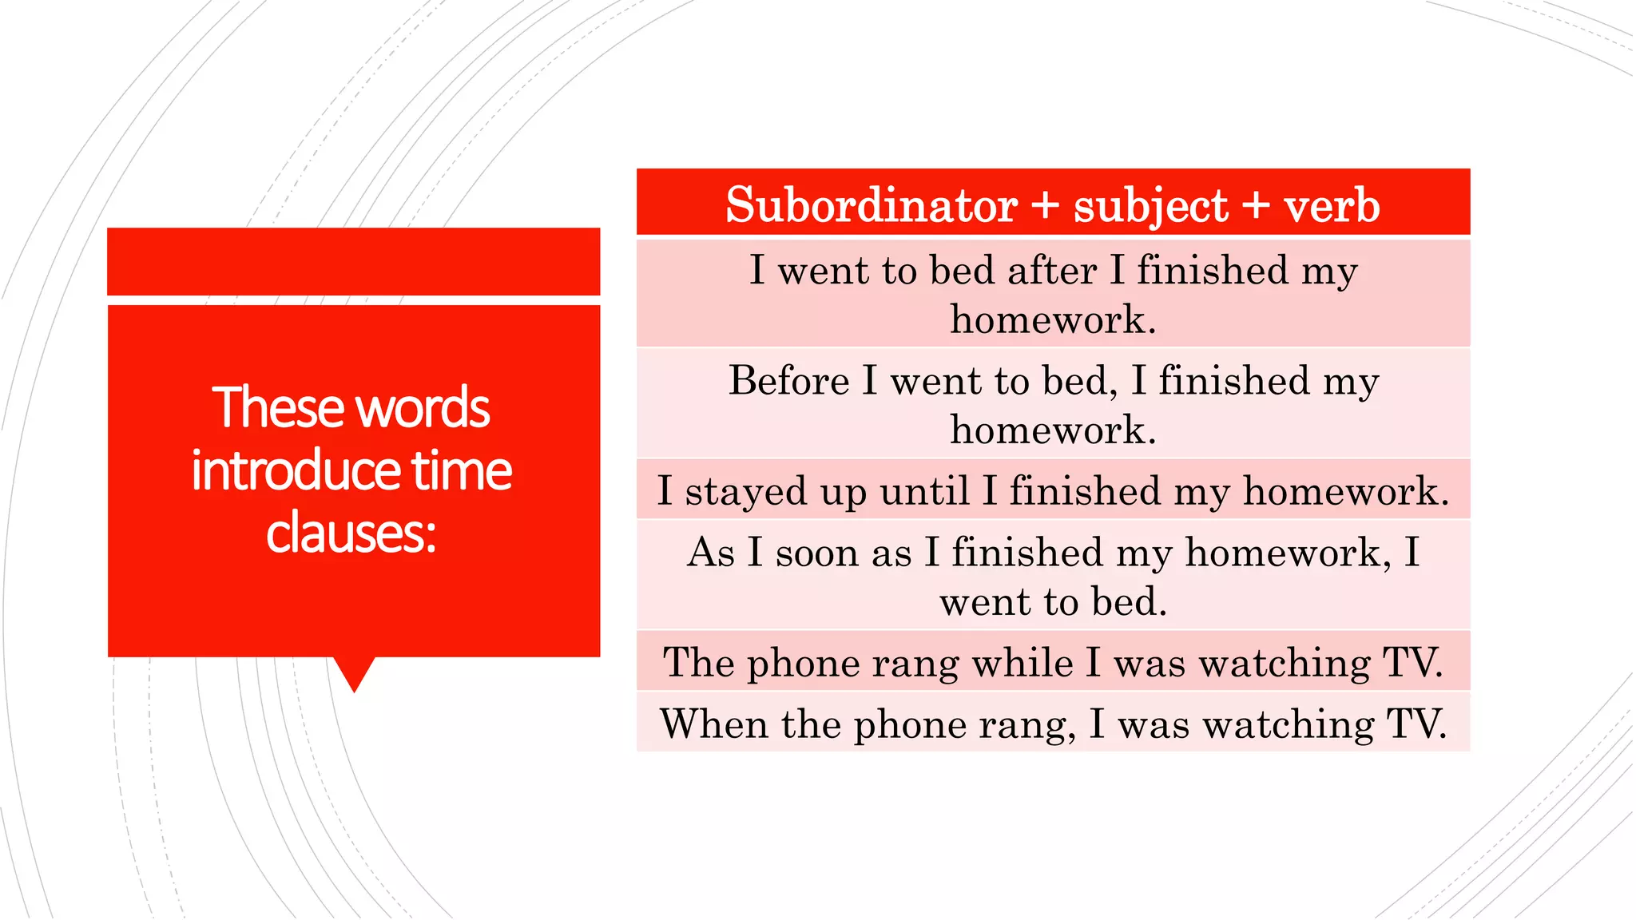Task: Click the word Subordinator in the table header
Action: coord(872,205)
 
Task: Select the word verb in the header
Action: coord(1332,205)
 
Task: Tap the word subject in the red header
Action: coord(1150,207)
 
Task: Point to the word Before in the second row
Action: coord(788,380)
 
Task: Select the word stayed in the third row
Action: coord(745,490)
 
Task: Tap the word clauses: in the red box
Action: coord(351,533)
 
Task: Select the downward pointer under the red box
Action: coord(354,673)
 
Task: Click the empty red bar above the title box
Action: coord(353,261)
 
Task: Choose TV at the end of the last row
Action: coord(1415,724)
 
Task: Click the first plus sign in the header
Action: coord(1044,205)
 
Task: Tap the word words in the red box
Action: coord(423,407)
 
